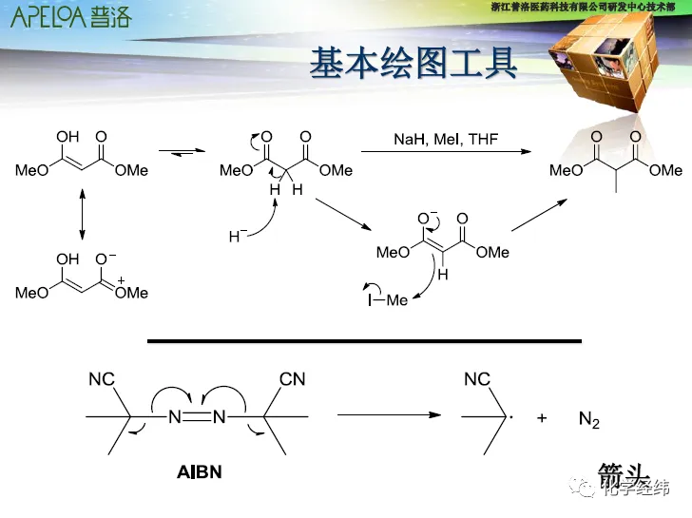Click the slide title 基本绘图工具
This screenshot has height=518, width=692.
tap(413, 65)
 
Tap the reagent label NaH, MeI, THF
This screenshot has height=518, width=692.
tap(446, 140)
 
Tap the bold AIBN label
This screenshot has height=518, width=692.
tap(199, 470)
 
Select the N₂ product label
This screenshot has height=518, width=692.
tap(589, 419)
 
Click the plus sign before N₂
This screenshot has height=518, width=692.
tap(542, 417)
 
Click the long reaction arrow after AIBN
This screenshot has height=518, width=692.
tap(390, 415)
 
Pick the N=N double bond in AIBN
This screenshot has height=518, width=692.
tap(197, 416)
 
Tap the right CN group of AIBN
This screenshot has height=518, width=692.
tap(293, 379)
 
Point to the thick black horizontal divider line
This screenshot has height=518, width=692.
tap(364, 340)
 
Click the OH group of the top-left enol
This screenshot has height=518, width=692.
tap(68, 137)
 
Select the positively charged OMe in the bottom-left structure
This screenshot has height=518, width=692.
tap(131, 293)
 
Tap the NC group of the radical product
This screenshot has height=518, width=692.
tap(477, 379)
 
